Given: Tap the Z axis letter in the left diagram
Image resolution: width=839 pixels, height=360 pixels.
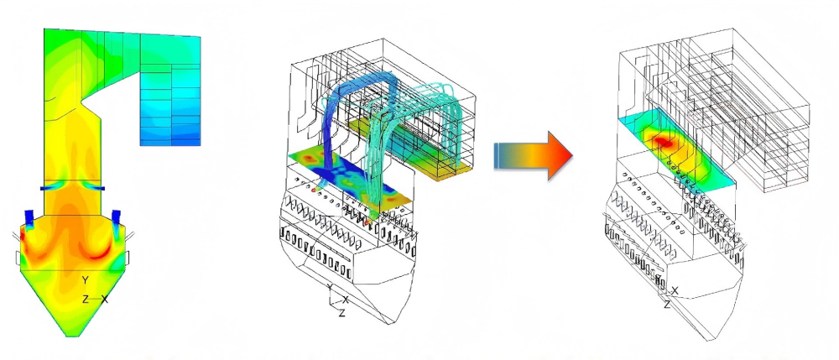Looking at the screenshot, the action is click(85, 300).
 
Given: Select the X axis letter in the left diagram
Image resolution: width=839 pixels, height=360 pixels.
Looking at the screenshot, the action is click(105, 300).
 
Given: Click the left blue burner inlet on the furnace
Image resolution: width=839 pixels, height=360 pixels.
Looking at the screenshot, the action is click(29, 217).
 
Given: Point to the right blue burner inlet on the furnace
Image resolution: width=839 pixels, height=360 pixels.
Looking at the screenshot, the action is click(116, 217).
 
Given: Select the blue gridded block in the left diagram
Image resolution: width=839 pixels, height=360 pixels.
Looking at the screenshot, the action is click(170, 105).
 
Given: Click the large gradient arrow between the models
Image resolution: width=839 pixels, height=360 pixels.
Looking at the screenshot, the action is click(533, 155).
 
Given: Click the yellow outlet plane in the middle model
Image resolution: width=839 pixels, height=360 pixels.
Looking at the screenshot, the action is click(409, 149).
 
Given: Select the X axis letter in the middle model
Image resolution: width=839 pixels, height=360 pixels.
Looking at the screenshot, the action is click(347, 300).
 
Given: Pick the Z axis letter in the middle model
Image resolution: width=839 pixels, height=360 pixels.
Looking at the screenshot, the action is click(342, 314).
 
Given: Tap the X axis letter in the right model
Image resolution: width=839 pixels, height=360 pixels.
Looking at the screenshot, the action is click(675, 290).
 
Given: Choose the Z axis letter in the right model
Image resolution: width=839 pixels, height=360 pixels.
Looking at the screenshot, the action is click(667, 305).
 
